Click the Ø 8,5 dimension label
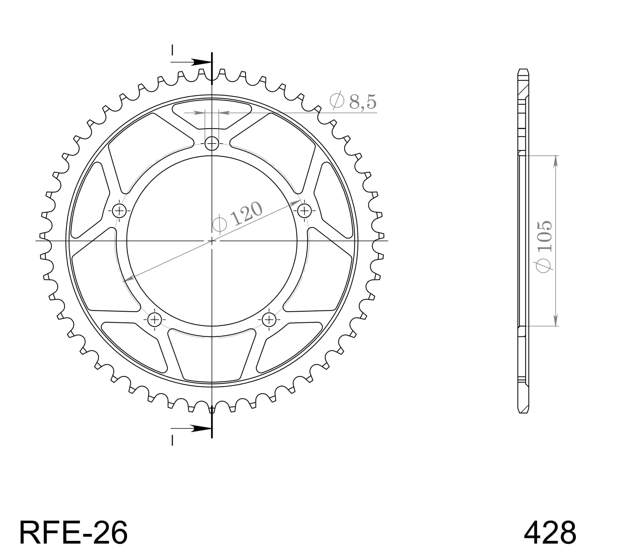pyautogui.click(x=353, y=101)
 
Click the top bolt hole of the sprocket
pyautogui.click(x=212, y=143)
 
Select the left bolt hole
pyautogui.click(x=120, y=211)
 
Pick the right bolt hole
pyautogui.click(x=304, y=211)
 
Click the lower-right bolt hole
pyautogui.click(x=269, y=319)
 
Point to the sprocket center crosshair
pyautogui.click(x=212, y=240)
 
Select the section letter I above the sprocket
pyautogui.click(x=173, y=50)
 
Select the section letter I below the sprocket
pyautogui.click(x=173, y=441)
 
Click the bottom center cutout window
pyautogui.click(x=212, y=357)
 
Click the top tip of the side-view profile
pyautogui.click(x=523, y=70)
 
